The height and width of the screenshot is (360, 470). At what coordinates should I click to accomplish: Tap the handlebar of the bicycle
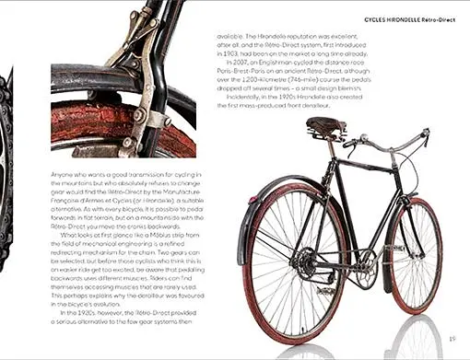click(x=396, y=143)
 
